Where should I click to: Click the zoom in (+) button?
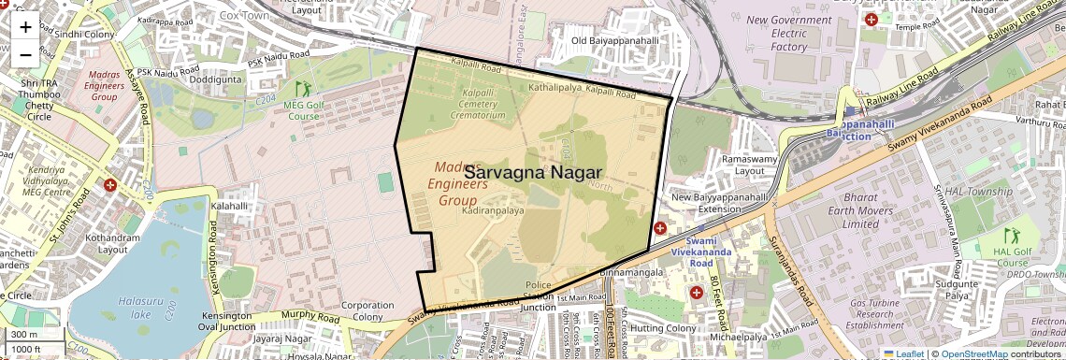[25, 26]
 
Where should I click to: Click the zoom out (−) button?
[25, 54]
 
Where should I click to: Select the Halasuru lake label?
[136, 308]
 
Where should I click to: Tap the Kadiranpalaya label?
[493, 212]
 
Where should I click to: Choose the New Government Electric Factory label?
[788, 33]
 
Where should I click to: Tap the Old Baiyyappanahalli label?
[615, 41]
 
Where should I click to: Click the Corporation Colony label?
[367, 311]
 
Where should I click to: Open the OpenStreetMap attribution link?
[973, 353]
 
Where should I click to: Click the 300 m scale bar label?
[24, 335]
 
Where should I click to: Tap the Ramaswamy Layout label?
[738, 166]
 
